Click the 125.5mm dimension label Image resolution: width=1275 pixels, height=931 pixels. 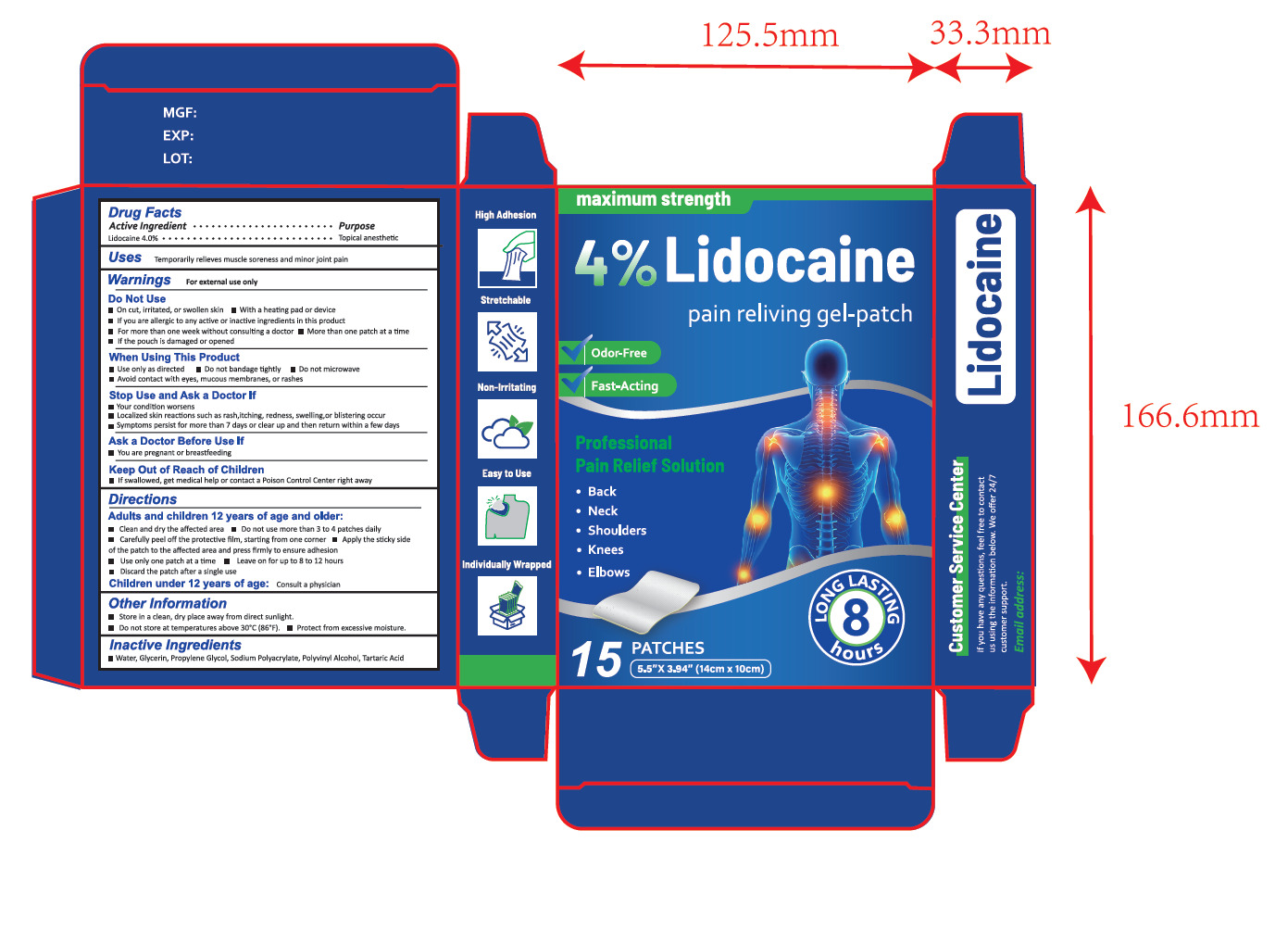point(769,36)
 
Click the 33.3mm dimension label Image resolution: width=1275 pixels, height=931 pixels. point(990,33)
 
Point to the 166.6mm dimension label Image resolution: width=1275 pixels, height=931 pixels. point(1190,416)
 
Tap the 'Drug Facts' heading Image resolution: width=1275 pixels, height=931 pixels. point(144,212)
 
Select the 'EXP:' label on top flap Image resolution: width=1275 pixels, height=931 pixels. point(178,135)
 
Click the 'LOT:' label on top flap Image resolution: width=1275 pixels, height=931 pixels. point(178,158)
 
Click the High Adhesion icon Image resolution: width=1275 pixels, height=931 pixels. point(506,258)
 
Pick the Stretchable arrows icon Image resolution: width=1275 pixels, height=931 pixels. point(506,342)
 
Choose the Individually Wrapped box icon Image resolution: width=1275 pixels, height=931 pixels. point(506,605)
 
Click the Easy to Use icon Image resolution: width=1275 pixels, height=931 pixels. point(506,515)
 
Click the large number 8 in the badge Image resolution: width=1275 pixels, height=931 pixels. point(856,616)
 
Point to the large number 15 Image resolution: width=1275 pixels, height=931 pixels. point(595,660)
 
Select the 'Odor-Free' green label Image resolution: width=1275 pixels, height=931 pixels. point(619,353)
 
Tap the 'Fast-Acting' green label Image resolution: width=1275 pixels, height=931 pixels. point(624,385)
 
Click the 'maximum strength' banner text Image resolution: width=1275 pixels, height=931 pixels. point(653,199)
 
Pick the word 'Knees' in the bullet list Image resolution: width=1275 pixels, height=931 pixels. point(606,549)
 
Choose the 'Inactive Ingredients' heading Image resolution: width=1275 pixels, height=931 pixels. point(175,645)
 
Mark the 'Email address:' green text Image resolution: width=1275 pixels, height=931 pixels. point(1019,611)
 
